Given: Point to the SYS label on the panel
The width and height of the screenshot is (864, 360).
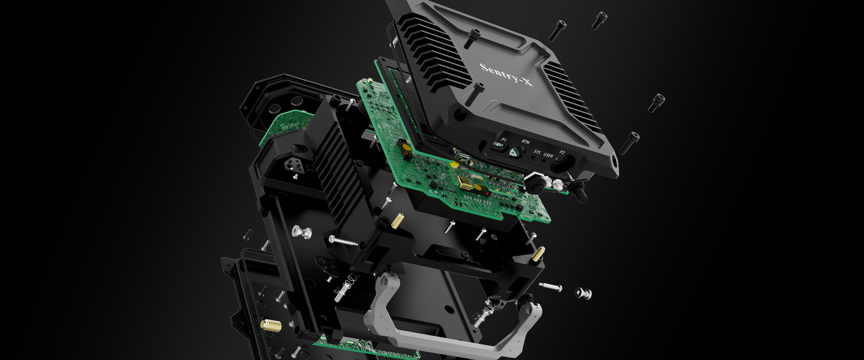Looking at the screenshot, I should pyautogui.click(x=537, y=152).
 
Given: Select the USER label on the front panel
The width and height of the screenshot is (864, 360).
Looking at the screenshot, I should pyautogui.click(x=548, y=155).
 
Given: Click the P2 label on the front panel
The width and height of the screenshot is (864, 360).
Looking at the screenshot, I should pyautogui.click(x=562, y=152).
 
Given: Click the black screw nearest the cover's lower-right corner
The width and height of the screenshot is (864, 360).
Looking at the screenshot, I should pyautogui.click(x=629, y=143).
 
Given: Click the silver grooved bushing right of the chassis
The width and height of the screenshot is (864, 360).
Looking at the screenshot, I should pyautogui.click(x=583, y=293).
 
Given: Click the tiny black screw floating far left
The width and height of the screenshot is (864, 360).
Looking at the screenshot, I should pyautogui.click(x=247, y=234).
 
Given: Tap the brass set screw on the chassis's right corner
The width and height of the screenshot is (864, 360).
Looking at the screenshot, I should pyautogui.click(x=538, y=254).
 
